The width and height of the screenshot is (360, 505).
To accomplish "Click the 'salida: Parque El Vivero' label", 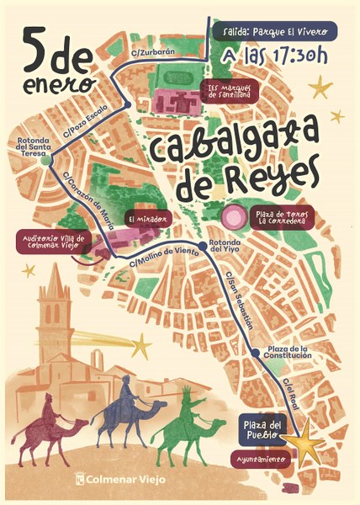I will tap(275, 31).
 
